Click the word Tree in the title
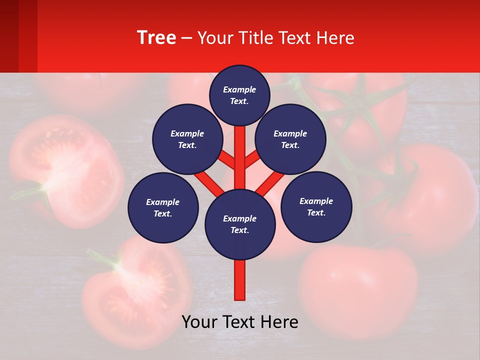point(156,38)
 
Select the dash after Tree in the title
point(186,38)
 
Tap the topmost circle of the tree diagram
point(239,95)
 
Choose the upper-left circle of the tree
point(187,139)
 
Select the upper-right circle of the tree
point(290,139)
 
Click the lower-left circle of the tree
point(163,207)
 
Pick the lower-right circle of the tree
point(316,206)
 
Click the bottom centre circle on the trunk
point(240,224)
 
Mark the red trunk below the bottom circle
point(240,280)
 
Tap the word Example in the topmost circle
point(239,89)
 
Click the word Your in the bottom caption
point(199,322)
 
